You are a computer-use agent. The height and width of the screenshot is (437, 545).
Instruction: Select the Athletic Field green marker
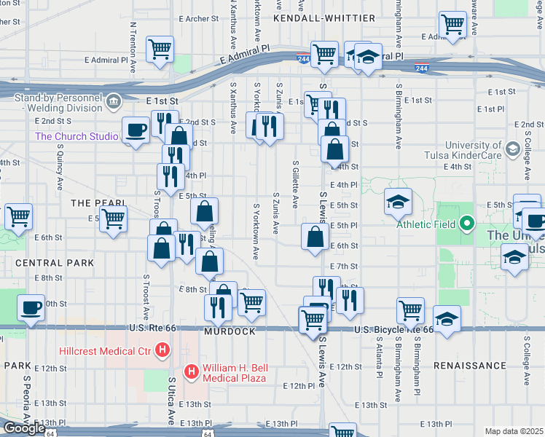point(467,224)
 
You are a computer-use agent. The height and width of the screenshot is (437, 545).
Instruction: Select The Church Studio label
point(77,137)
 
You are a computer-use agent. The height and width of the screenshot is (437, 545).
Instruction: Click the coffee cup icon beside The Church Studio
point(136,130)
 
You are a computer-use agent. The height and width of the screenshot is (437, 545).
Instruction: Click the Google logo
point(24,428)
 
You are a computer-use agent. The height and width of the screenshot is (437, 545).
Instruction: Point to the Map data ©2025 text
point(514,431)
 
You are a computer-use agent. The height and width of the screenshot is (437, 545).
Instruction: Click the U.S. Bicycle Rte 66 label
point(394,330)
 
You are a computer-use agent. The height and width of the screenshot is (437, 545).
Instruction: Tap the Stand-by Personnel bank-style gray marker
point(113,102)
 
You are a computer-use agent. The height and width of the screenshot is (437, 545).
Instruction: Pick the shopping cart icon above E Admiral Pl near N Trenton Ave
point(160,49)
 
